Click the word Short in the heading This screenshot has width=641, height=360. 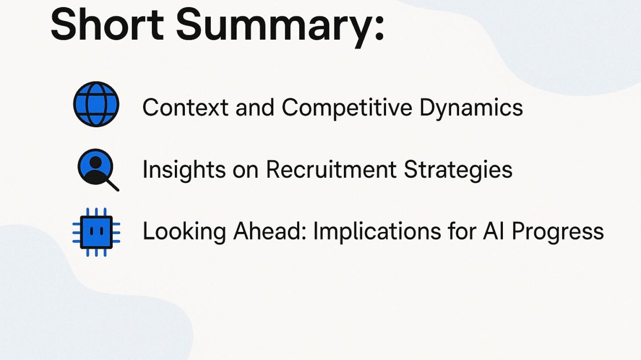point(107,24)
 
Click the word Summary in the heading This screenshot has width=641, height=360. point(273,28)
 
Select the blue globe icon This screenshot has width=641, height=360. point(96,104)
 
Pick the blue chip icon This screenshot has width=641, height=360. point(96,232)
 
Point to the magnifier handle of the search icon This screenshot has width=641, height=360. point(112,185)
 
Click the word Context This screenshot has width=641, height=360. point(185,108)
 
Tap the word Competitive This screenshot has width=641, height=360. point(347,109)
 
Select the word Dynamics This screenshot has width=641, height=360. point(471,109)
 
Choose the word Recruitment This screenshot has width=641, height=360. point(331,169)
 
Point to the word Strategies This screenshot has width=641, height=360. point(458,170)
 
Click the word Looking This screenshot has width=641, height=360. point(184,232)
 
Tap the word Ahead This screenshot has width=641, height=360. point(270,230)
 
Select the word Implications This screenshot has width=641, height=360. point(377,232)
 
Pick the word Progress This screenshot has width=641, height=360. point(558,232)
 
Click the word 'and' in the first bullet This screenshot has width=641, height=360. point(255,108)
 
